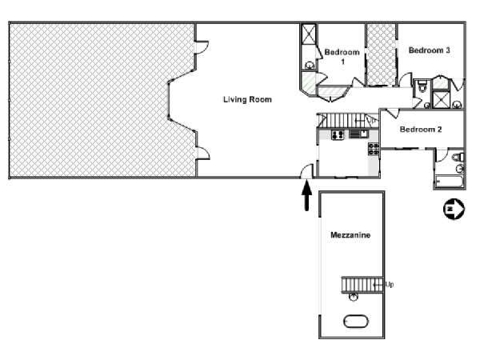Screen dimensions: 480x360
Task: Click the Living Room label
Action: (247, 99)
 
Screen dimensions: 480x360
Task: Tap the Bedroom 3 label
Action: (429, 50)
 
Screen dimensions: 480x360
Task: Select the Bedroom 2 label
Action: (421, 129)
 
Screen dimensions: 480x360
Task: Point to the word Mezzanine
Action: (350, 235)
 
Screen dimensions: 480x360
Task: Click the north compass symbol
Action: (454, 209)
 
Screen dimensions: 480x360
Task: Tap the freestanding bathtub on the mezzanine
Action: (356, 322)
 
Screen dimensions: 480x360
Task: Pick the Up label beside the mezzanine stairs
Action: (390, 284)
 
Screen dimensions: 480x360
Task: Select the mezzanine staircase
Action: (362, 285)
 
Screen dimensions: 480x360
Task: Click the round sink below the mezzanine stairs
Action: (354, 297)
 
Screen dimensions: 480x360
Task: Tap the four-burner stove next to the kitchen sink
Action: (338, 134)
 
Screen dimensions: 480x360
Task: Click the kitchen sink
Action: (358, 134)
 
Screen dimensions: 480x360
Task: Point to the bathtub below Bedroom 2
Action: (449, 182)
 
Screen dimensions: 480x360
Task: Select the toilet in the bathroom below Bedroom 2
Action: (458, 157)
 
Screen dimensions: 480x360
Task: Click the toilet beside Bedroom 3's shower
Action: (422, 86)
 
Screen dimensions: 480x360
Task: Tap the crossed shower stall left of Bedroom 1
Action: (309, 34)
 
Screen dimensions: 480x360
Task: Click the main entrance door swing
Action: (306, 171)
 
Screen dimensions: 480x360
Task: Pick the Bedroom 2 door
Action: (393, 114)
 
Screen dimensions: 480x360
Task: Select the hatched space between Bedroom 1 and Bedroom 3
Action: (382, 54)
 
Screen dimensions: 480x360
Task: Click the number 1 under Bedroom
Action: (343, 62)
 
